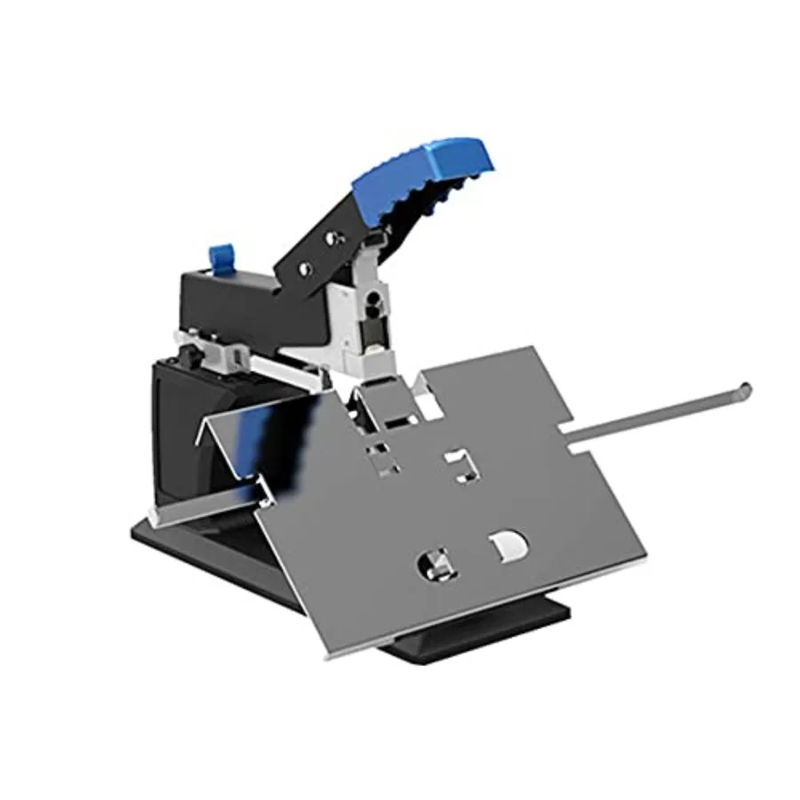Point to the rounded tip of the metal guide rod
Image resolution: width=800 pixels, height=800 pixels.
coord(745,388)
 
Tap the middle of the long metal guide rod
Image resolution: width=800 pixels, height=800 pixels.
coord(658,410)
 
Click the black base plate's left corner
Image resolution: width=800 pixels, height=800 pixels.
coord(138,533)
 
